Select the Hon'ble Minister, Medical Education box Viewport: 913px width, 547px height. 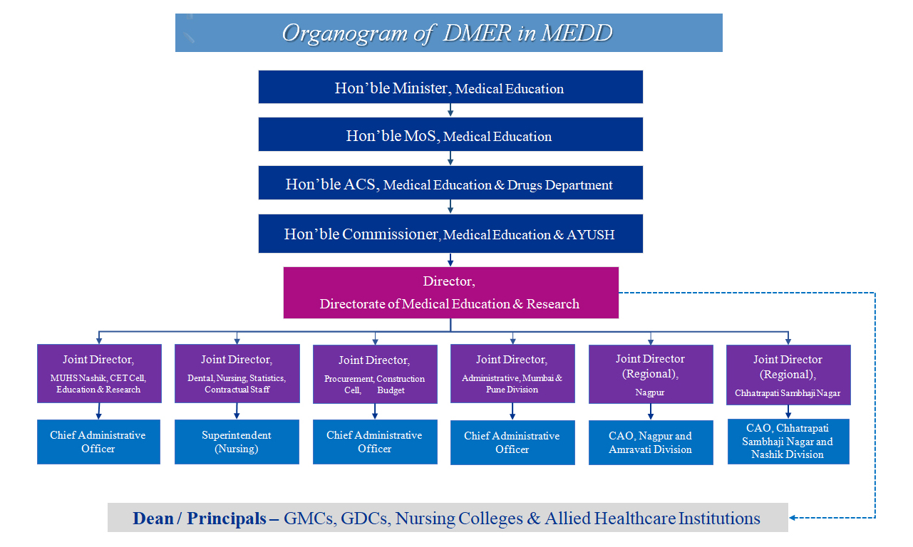point(450,87)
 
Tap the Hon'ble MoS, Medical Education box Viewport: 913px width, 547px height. point(450,135)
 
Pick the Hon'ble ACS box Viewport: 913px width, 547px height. point(450,182)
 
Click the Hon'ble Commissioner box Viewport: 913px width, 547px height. point(450,234)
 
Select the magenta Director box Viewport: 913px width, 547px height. point(450,293)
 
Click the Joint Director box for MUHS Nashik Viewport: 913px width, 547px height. point(99,373)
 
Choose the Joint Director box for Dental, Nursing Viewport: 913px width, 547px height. point(237,373)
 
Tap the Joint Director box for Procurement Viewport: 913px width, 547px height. point(375,375)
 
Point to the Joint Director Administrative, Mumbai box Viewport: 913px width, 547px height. point(512,373)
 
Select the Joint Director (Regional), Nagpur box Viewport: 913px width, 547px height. point(651,375)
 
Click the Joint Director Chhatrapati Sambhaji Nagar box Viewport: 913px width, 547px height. point(788,375)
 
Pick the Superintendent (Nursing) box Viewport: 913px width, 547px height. point(237,442)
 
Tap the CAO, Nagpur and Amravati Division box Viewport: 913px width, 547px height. point(651,443)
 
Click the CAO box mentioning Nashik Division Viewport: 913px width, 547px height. point(788,442)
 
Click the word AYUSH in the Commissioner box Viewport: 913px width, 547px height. point(591,235)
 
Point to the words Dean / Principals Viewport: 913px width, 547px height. point(200,519)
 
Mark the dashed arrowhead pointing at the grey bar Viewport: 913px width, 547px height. point(793,518)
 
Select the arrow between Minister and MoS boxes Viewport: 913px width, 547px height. point(450,110)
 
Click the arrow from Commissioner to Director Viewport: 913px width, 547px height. point(450,260)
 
